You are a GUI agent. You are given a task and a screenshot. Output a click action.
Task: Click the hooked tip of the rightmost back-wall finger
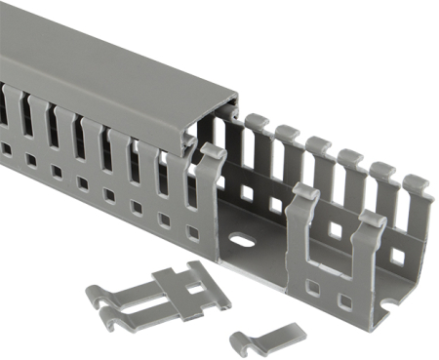[418, 182]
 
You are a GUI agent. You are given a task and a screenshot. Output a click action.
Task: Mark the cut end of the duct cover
[219, 118]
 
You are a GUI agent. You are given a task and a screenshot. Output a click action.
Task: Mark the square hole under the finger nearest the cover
[192, 233]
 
